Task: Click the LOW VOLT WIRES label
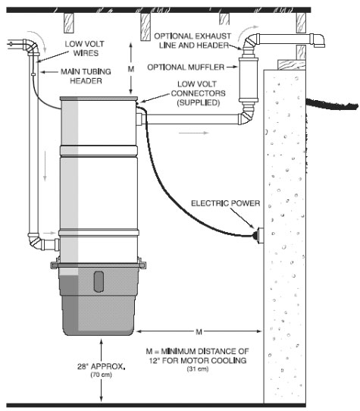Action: coord(85,49)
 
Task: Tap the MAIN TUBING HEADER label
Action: coord(86,77)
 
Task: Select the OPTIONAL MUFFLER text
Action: coord(186,67)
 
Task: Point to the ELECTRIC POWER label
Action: coord(225,203)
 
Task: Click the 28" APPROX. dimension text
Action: coord(101,366)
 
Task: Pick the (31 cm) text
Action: coord(198,369)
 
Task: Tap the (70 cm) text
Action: coord(101,375)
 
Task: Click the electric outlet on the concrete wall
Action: coord(259,235)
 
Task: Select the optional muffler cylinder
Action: coord(248,80)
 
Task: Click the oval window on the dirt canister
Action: coord(99,281)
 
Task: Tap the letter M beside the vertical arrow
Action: coord(131,69)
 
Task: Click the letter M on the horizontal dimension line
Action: coord(199,332)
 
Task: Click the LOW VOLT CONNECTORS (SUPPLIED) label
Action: coord(198,93)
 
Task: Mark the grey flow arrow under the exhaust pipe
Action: coord(193,133)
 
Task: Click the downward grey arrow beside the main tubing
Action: coord(45,166)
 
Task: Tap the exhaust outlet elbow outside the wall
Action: coord(318,41)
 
